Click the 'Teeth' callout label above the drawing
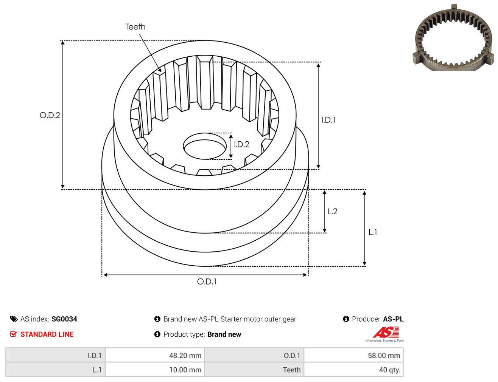tap(135, 27)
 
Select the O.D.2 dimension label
tap(50, 115)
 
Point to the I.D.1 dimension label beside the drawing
tap(328, 120)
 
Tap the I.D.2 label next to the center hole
tap(241, 144)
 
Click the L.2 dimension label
tap(333, 211)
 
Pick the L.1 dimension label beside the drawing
tap(373, 232)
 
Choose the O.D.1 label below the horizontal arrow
tap(207, 281)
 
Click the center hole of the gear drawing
tap(205, 146)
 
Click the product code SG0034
tap(64, 319)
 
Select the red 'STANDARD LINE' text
tap(47, 334)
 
